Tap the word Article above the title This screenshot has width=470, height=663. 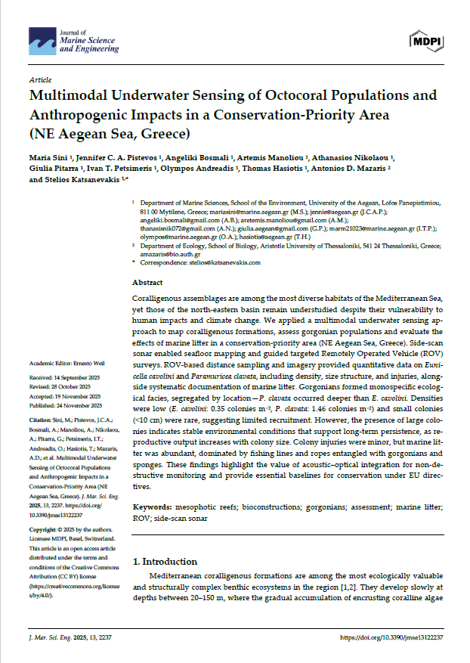coord(40,79)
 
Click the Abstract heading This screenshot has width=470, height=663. coord(147,281)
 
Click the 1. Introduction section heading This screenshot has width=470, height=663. coord(165,562)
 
